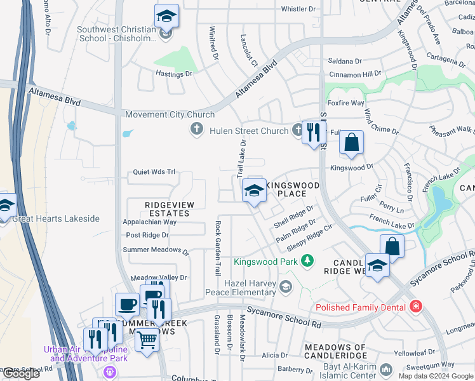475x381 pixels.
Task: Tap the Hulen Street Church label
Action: coord(248,131)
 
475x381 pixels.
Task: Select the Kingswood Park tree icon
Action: coord(307,260)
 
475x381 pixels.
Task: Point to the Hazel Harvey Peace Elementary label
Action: coord(241,288)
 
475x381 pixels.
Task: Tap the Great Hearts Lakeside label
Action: coord(55,218)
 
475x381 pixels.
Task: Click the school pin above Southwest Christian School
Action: coord(166,16)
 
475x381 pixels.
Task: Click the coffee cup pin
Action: coord(127,304)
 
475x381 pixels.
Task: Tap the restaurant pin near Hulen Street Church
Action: coord(313,132)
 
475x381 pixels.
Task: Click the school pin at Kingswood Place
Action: coord(254,190)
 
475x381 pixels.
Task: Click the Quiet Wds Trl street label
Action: coord(154,172)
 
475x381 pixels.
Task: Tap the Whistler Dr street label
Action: coord(298,9)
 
